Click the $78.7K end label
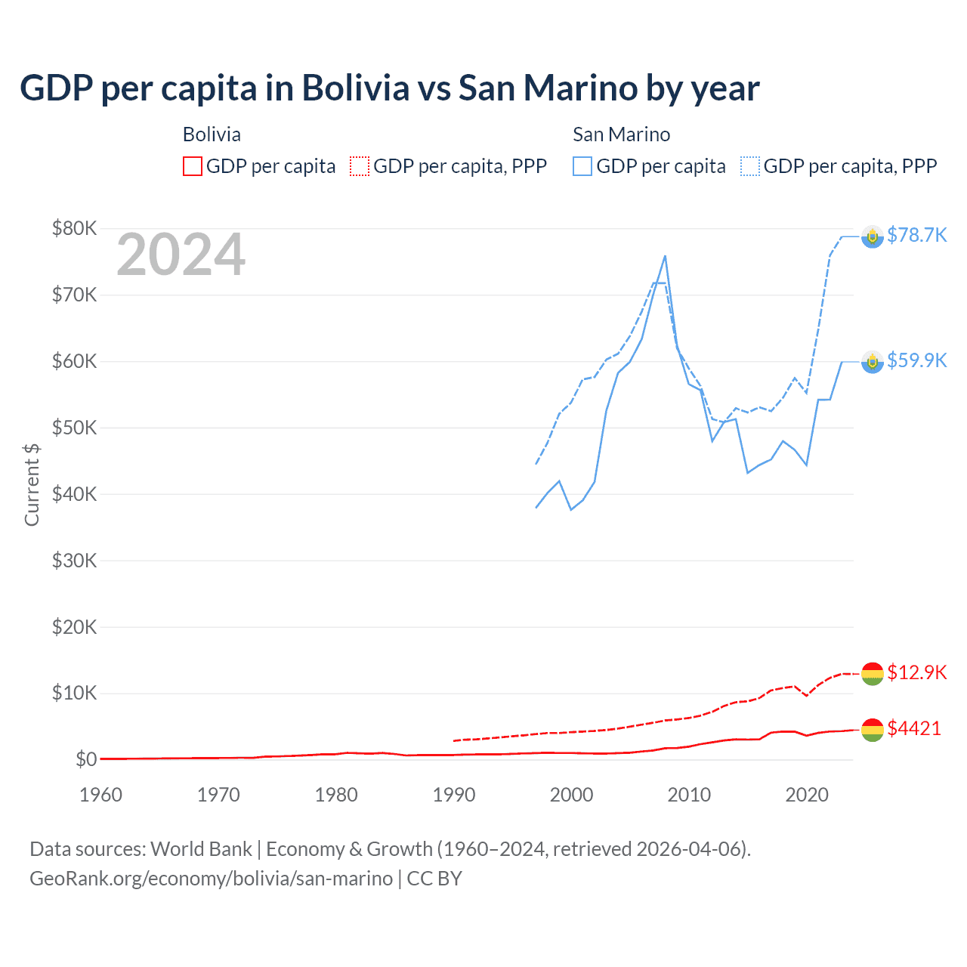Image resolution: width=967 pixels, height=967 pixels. [x=916, y=235]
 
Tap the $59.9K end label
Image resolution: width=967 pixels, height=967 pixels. [x=916, y=360]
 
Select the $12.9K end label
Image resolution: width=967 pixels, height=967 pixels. [x=916, y=672]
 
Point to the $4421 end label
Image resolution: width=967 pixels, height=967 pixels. [x=914, y=728]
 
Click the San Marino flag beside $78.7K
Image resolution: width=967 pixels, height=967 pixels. [x=873, y=236]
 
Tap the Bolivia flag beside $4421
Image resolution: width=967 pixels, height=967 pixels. [x=873, y=730]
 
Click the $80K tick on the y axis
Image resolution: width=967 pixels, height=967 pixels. [x=74, y=228]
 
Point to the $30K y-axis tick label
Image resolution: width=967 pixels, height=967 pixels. [x=74, y=561]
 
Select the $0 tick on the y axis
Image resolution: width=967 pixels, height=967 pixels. [x=86, y=759]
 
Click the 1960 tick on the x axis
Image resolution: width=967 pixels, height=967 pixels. [x=100, y=795]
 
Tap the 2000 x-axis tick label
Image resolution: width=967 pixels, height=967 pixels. [x=572, y=795]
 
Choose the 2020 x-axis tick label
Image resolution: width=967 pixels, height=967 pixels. [x=807, y=795]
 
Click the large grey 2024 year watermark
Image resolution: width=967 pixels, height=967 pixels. [x=181, y=255]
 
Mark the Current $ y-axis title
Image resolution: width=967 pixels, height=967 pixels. [x=32, y=484]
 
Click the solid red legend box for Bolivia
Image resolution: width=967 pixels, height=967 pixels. [x=193, y=166]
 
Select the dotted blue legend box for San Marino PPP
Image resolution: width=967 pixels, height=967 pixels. [x=750, y=166]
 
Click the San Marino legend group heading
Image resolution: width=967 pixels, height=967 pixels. [x=621, y=134]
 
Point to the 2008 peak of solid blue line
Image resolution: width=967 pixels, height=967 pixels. [x=665, y=256]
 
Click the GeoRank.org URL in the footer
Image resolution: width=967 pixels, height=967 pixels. [x=211, y=879]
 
